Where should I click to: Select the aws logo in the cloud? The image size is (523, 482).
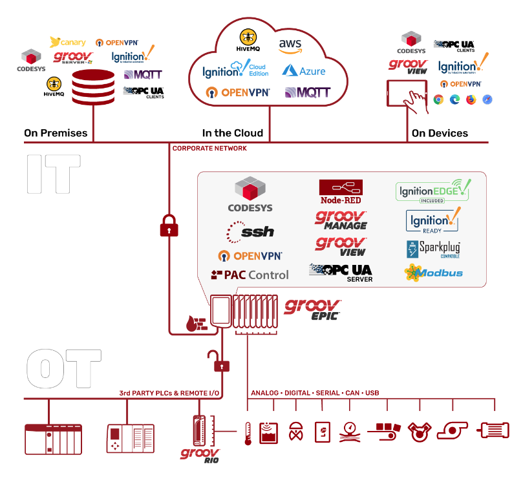(290, 45)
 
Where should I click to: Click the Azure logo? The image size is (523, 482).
(303, 70)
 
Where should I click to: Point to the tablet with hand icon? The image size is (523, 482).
(408, 94)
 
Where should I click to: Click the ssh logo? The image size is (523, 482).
(250, 231)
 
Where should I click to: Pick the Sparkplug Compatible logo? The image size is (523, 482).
(432, 249)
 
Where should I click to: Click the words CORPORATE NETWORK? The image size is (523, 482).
(209, 149)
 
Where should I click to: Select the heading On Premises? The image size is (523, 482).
(56, 133)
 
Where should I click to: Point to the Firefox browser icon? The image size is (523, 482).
(471, 100)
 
